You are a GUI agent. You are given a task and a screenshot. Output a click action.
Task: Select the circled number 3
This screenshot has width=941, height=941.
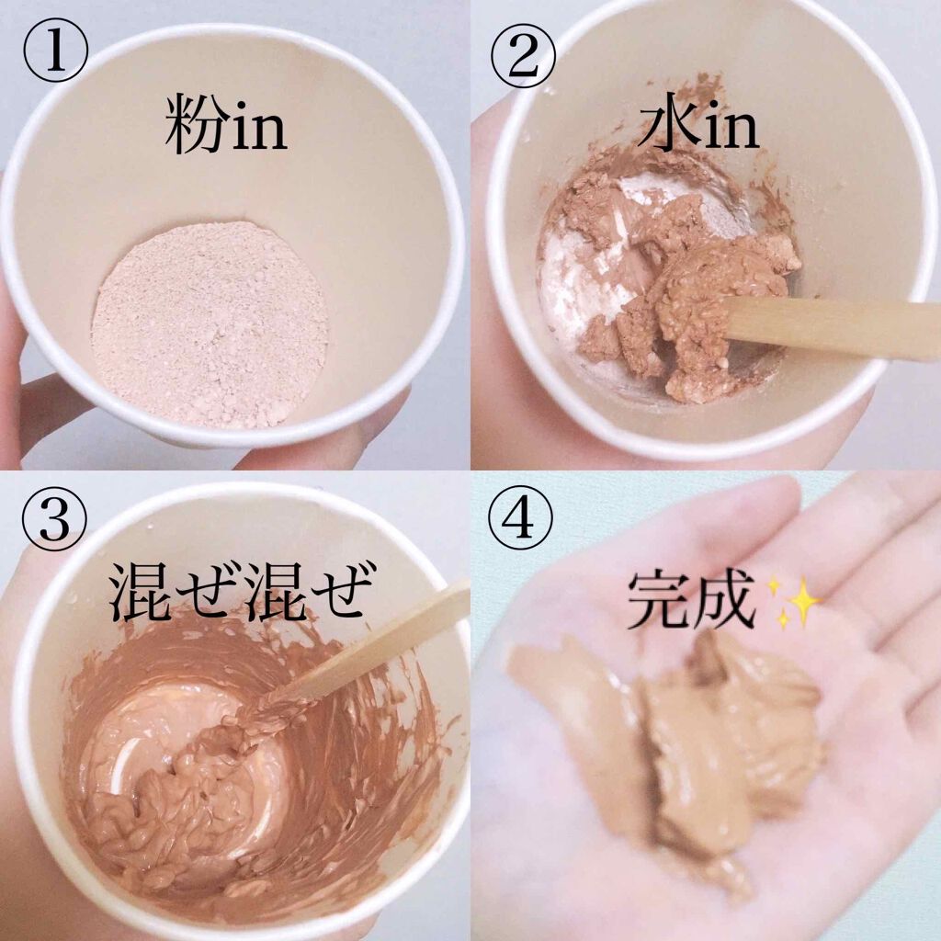click(x=54, y=521)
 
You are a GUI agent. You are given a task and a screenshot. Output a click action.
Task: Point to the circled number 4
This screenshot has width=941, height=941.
click(x=520, y=520)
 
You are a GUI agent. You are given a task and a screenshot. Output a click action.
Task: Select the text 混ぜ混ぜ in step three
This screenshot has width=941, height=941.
click(x=238, y=592)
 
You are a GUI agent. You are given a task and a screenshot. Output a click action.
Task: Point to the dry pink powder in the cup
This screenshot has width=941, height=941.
click(x=210, y=324)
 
